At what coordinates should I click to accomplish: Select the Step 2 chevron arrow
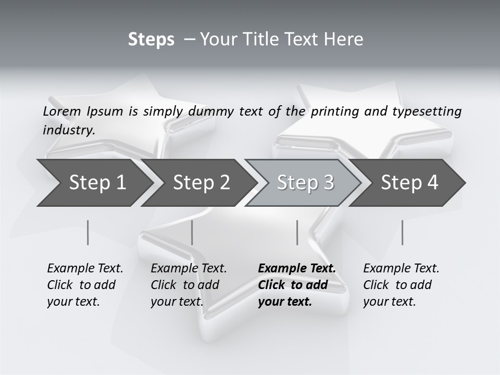pyautogui.click(x=201, y=183)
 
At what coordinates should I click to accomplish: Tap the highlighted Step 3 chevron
pyautogui.click(x=305, y=183)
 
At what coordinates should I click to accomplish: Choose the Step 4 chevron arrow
pyautogui.click(x=409, y=183)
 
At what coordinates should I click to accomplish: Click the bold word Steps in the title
pyautogui.click(x=151, y=40)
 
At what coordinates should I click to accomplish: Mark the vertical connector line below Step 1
pyautogui.click(x=87, y=232)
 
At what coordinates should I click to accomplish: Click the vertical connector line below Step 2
pyautogui.click(x=192, y=232)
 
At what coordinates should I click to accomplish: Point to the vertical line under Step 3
pyautogui.click(x=297, y=232)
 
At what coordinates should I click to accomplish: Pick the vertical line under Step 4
pyautogui.click(x=402, y=232)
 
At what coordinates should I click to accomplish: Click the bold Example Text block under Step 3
pyautogui.click(x=297, y=285)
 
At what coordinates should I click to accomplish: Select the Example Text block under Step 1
pyautogui.click(x=85, y=285)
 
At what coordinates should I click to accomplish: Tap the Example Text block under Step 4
pyautogui.click(x=401, y=285)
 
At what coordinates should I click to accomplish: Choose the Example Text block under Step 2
pyautogui.click(x=189, y=285)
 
